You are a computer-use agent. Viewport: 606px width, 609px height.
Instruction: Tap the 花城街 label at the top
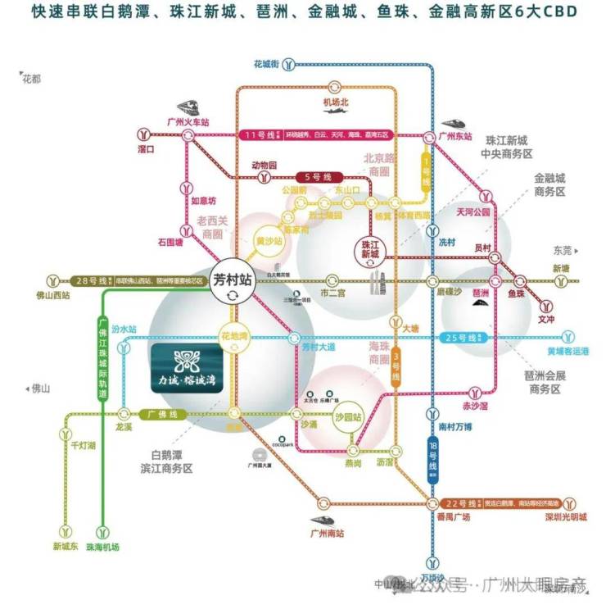(x=267, y=63)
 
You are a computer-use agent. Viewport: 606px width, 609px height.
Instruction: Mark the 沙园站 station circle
(x=346, y=416)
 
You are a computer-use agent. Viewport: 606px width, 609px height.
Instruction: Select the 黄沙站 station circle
(x=269, y=242)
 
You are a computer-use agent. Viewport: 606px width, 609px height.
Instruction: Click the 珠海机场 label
(x=103, y=546)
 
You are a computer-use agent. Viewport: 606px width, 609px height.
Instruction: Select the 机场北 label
(x=336, y=102)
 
